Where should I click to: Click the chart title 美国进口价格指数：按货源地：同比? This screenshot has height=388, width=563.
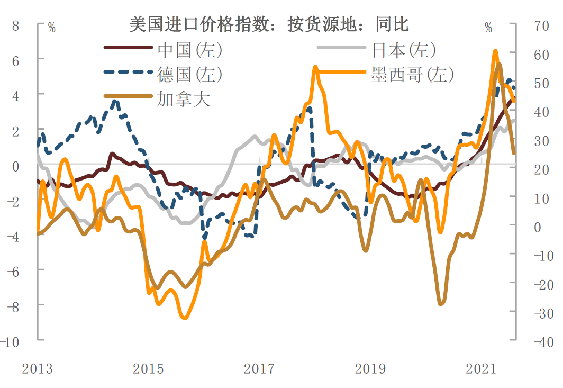[269, 24]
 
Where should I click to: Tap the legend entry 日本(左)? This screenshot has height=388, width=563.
[403, 50]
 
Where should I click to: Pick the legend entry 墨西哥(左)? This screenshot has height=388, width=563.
[412, 74]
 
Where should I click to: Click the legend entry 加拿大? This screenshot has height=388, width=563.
[183, 98]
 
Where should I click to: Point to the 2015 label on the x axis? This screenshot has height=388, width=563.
[148, 368]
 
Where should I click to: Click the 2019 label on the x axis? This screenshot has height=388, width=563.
[370, 368]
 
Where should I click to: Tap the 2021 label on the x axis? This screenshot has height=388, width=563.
[482, 368]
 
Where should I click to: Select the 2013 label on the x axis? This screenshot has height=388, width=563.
[37, 368]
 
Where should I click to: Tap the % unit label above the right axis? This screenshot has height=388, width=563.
[488, 28]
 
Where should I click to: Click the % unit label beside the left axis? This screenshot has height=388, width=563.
[51, 28]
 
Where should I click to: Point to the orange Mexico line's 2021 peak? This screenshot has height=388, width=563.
[495, 51]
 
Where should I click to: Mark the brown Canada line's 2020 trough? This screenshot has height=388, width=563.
[441, 304]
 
